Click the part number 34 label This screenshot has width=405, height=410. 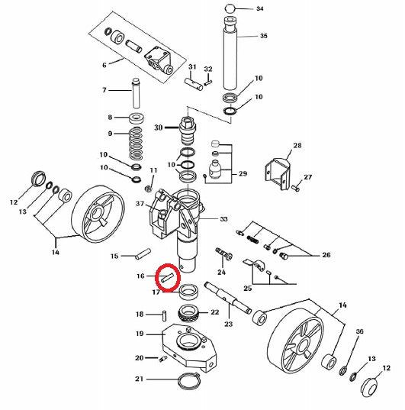tap(260, 8)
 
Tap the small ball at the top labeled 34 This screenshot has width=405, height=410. tap(229, 8)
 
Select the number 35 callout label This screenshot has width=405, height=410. tap(264, 36)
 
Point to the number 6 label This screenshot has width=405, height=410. tap(104, 65)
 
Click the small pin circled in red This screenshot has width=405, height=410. tap(168, 277)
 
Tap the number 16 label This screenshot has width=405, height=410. tap(140, 276)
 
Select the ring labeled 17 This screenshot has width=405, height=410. tap(188, 292)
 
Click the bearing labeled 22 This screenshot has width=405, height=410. tap(188, 312)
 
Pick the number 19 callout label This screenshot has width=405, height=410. tap(140, 334)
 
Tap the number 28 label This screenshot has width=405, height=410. tap(297, 145)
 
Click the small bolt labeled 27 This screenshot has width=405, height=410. tap(295, 188)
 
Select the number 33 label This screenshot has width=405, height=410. tap(223, 219)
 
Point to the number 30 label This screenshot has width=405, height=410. tap(159, 128)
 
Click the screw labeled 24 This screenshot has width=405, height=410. tap(224, 253)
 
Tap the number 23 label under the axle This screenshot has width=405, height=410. tap(228, 324)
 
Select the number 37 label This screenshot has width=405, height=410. tap(140, 203)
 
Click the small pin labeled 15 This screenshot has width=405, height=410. tap(143, 253)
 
